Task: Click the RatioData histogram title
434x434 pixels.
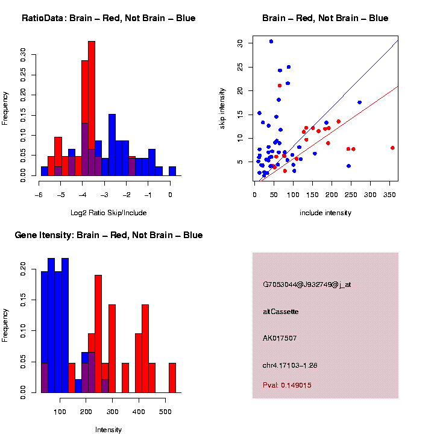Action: click(x=108, y=18)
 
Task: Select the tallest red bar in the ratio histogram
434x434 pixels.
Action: click(x=92, y=108)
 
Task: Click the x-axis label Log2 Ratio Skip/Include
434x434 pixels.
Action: click(x=108, y=212)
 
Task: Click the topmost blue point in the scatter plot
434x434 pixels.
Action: click(x=271, y=42)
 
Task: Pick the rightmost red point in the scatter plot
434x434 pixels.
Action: click(x=392, y=148)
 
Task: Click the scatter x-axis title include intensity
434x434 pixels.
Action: click(x=325, y=212)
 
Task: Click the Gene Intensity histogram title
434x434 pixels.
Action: click(x=108, y=235)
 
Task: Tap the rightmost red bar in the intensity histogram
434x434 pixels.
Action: click(x=172, y=377)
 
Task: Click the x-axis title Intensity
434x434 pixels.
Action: click(x=108, y=429)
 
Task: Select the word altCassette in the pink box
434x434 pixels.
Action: click(x=280, y=312)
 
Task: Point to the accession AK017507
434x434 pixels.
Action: click(x=279, y=338)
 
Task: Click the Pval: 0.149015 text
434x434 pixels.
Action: click(x=287, y=385)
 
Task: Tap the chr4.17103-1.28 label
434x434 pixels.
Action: click(x=289, y=365)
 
